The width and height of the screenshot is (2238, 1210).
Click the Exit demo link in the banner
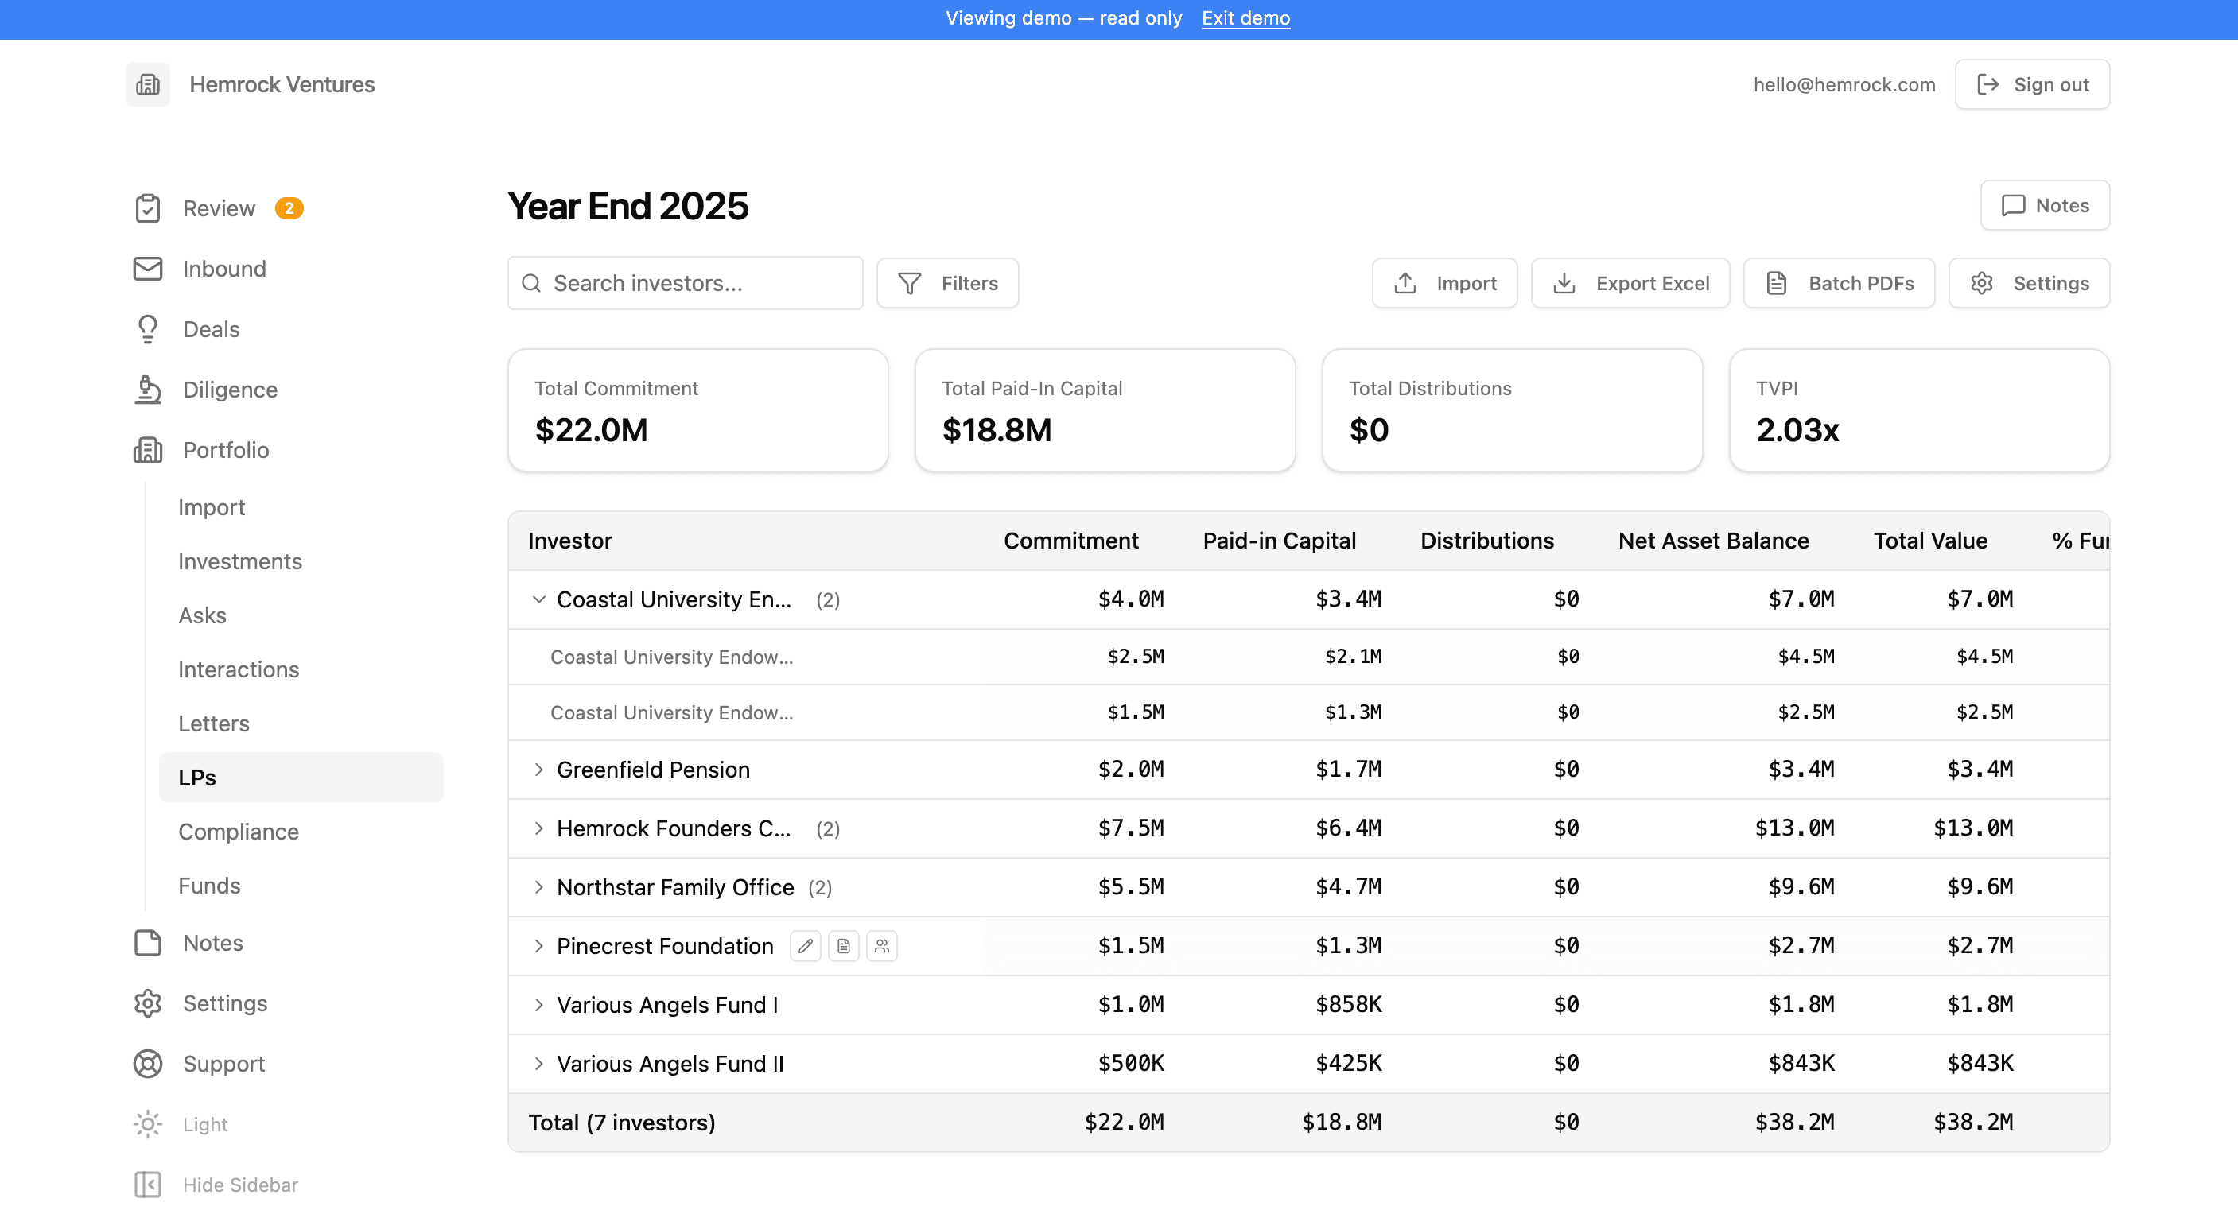(x=1245, y=18)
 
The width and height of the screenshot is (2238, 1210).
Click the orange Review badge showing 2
(x=289, y=208)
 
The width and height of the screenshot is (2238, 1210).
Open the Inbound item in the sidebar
(x=223, y=270)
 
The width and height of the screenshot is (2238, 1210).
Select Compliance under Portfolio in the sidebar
(x=238, y=832)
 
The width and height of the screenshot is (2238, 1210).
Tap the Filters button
(x=947, y=283)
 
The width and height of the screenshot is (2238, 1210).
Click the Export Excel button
(x=1630, y=283)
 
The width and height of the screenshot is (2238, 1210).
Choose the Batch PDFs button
(x=1839, y=283)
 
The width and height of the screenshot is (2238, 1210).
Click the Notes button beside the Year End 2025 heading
(x=2044, y=206)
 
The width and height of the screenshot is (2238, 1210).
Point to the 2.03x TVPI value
(x=1797, y=430)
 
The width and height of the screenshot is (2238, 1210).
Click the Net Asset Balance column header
(x=1713, y=541)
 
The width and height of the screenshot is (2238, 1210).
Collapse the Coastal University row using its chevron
(x=538, y=599)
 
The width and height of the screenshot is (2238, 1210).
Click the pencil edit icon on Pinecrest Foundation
(x=806, y=946)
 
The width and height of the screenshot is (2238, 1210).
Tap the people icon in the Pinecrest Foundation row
(x=882, y=946)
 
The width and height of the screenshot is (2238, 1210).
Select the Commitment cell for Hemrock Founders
(x=1130, y=828)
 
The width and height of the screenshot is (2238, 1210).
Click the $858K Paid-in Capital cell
(x=1348, y=1004)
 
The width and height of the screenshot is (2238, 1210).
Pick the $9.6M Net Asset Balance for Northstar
(x=1801, y=887)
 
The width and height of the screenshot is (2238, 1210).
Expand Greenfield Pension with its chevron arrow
(x=538, y=770)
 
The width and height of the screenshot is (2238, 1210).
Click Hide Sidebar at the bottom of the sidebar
(x=216, y=1185)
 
